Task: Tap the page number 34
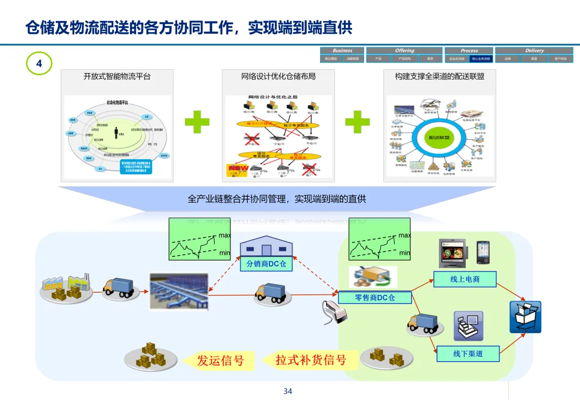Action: coord(288,391)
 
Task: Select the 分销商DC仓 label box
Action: coord(266,264)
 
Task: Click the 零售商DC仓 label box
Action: coord(375,297)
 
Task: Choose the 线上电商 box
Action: coord(465,279)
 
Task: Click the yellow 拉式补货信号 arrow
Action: coord(309,360)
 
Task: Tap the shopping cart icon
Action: coord(525,317)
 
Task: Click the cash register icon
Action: coord(468,326)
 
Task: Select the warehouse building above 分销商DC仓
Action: coord(266,247)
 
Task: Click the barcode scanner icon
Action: coord(329,313)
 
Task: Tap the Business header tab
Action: coord(342,51)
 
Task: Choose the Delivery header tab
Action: coord(534,51)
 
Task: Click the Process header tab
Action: coord(469,51)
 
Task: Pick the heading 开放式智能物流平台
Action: coord(117,76)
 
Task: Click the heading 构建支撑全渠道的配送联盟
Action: coord(439,76)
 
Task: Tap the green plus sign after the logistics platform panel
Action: coord(197,122)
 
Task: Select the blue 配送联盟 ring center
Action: coord(439,138)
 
